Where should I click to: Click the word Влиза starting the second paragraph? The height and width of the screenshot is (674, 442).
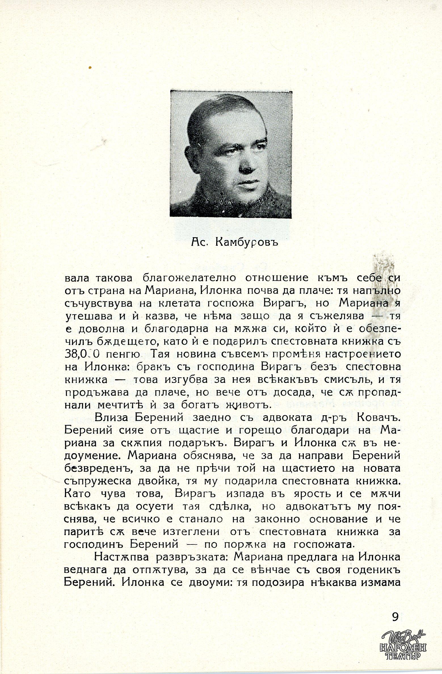click(112, 418)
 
